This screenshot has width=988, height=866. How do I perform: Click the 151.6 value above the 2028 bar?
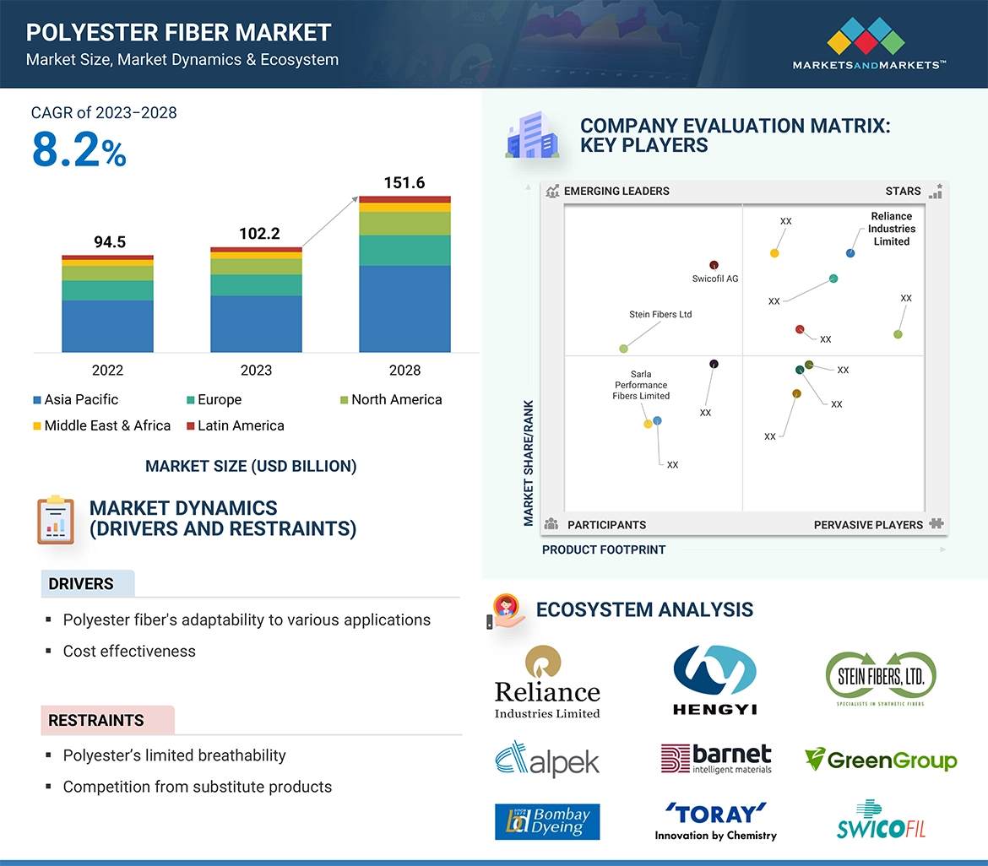click(x=404, y=182)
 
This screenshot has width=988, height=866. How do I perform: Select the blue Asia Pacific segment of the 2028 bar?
click(x=404, y=308)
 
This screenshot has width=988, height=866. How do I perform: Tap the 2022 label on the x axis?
click(x=107, y=370)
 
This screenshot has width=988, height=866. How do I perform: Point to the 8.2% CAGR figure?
click(x=79, y=150)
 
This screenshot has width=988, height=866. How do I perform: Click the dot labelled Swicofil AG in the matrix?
click(x=714, y=265)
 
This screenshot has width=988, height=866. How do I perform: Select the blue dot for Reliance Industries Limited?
click(x=850, y=253)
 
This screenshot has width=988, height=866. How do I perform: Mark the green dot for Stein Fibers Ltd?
click(x=623, y=349)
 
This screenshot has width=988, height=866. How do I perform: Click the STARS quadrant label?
click(x=903, y=191)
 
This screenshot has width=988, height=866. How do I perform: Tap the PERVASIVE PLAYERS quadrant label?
click(x=868, y=524)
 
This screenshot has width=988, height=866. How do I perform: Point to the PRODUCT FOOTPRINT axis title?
click(x=604, y=549)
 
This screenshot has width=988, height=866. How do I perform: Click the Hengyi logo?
click(x=714, y=679)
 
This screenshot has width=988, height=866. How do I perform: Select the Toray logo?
click(x=715, y=821)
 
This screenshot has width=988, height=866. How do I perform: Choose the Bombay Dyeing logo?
click(x=547, y=821)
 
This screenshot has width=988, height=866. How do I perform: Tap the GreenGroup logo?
click(x=881, y=760)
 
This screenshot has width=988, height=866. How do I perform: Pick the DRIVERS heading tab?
click(x=81, y=584)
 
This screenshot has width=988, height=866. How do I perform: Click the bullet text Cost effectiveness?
click(x=129, y=651)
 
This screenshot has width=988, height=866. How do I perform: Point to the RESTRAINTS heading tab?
click(x=96, y=720)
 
